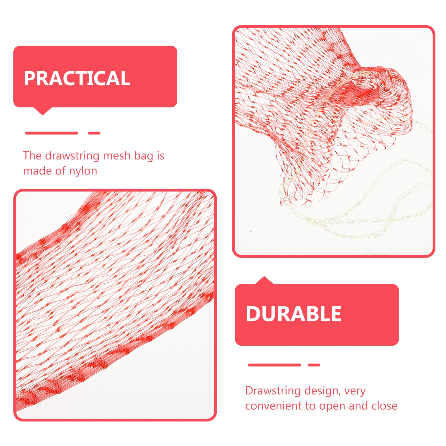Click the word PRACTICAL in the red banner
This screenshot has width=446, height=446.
click(x=77, y=78)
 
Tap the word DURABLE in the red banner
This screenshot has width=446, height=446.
click(x=294, y=314)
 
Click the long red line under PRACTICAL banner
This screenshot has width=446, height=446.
click(x=52, y=133)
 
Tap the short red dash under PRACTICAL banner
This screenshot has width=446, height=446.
click(x=94, y=133)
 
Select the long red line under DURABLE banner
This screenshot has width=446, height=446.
click(x=275, y=365)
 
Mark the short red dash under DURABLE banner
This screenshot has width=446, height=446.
click(x=314, y=365)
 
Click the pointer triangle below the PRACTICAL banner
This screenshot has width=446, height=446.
click(x=43, y=111)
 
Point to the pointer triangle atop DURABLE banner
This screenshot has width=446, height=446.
click(x=264, y=280)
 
